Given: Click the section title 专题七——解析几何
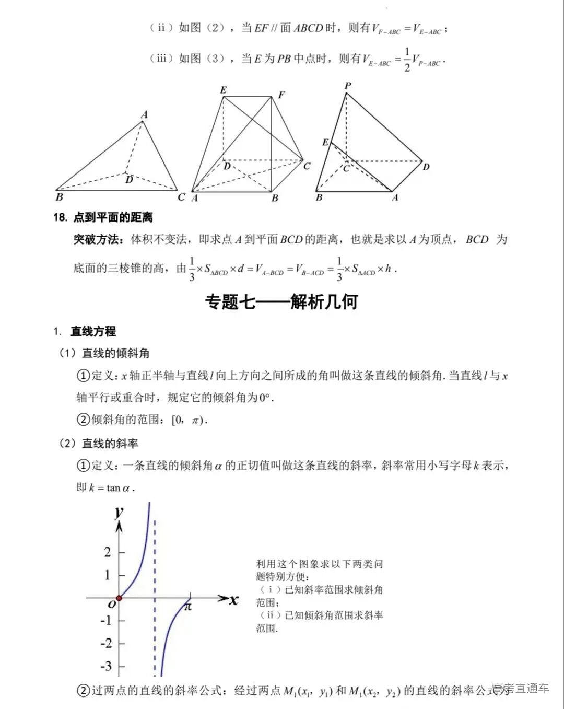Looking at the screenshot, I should [281, 302].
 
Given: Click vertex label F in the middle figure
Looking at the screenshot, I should [281, 95].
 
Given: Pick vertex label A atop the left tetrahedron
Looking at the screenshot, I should [145, 115].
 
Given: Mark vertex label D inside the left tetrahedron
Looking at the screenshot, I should [129, 180].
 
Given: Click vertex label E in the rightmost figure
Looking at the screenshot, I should [325, 142].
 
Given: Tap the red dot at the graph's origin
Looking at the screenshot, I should [119, 598].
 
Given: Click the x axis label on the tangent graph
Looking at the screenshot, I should [233, 600].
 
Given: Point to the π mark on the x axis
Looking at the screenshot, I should [188, 607].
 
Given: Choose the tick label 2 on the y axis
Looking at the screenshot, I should [108, 552].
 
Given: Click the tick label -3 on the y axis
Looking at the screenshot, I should [106, 666].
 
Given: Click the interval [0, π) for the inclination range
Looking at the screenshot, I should [189, 420].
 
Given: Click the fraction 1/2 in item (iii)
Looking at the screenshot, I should [407, 60].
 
